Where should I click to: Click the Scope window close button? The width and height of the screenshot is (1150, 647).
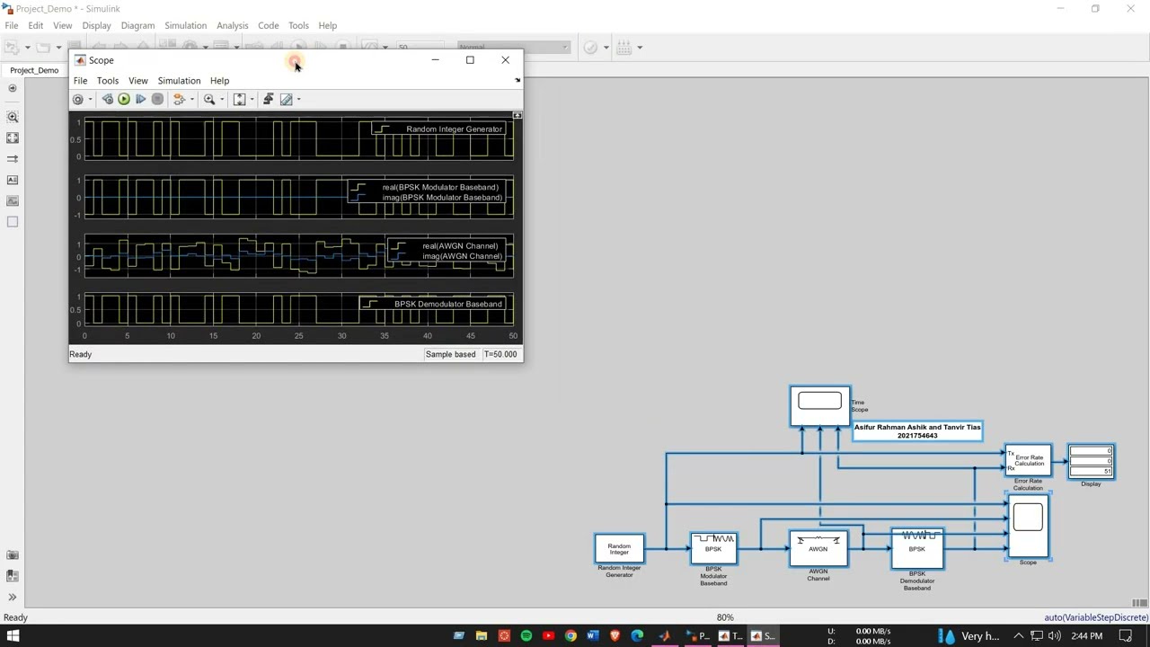[x=505, y=60]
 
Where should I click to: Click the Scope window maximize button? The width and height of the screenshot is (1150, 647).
[x=470, y=60]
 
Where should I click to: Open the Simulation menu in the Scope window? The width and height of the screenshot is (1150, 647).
[x=179, y=81]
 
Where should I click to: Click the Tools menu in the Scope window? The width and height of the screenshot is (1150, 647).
[x=107, y=81]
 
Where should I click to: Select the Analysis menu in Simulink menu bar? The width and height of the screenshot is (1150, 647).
[x=232, y=25]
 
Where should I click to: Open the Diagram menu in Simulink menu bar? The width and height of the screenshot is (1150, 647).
[x=137, y=25]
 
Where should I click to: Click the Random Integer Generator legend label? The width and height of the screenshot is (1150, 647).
[x=454, y=129]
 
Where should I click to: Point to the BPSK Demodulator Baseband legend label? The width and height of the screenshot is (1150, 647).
[x=447, y=304]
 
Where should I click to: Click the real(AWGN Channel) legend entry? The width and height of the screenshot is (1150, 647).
[x=459, y=245]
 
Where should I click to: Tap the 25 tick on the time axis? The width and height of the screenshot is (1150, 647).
[x=298, y=336]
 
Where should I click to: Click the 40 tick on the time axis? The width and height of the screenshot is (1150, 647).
[x=427, y=336]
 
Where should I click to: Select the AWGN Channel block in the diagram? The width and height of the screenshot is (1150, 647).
[x=818, y=548]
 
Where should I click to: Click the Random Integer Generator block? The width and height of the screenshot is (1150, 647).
[x=619, y=548]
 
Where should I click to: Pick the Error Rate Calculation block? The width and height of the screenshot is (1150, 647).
[x=1028, y=460]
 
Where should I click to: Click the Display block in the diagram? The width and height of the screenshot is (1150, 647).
[x=1091, y=462]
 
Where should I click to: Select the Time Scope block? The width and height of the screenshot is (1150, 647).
[x=819, y=405]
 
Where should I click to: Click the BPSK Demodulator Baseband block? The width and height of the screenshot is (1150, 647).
[x=916, y=549]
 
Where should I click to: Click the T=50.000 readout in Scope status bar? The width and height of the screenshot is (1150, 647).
[x=500, y=354]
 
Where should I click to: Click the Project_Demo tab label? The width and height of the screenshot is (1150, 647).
[x=34, y=70]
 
